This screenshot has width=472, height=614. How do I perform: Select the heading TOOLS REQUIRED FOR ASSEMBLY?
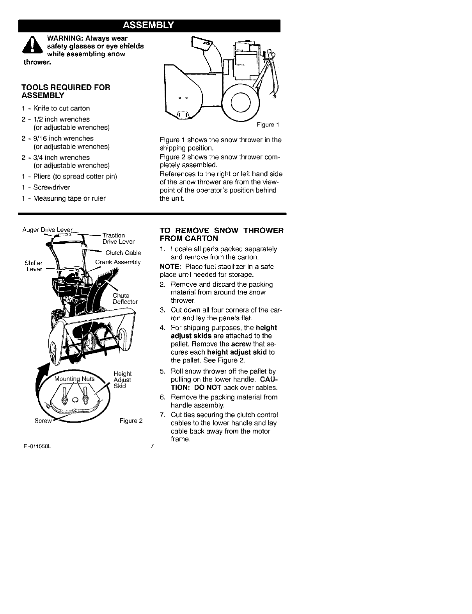[66, 91]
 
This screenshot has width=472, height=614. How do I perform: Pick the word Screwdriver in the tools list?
[52, 187]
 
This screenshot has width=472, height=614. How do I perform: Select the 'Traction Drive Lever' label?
[118, 238]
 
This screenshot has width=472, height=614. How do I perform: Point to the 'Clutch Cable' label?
[123, 253]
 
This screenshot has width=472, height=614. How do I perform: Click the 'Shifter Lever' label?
[34, 266]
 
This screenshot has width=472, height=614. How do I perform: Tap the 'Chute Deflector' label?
[125, 298]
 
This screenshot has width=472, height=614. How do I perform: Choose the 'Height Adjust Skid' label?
[122, 380]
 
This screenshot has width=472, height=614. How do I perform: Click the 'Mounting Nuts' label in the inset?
[75, 378]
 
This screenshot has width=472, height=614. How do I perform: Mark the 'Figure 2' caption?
[131, 421]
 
